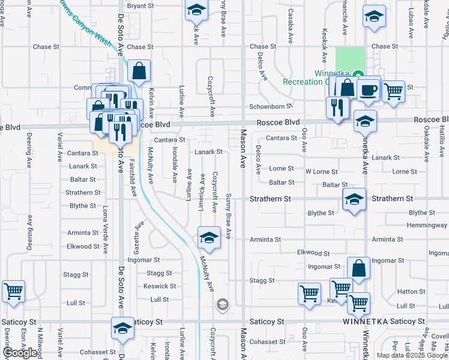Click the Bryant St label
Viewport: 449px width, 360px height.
coord(140,5)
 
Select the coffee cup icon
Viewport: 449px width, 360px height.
coord(369,89)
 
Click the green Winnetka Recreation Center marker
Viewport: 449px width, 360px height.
coord(358,76)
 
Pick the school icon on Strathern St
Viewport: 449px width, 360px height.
coord(354,199)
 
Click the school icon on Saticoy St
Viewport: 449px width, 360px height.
coord(122,328)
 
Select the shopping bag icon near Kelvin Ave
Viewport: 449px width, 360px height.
coord(139,71)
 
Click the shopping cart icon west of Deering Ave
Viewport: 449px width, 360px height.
coord(13,292)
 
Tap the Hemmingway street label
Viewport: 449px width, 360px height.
coord(427,225)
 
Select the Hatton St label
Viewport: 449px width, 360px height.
coord(411,292)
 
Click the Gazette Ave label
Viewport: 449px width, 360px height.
coord(139,235)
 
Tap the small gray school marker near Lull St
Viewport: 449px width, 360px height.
coord(222,305)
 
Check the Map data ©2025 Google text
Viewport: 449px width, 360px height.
coord(411,355)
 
